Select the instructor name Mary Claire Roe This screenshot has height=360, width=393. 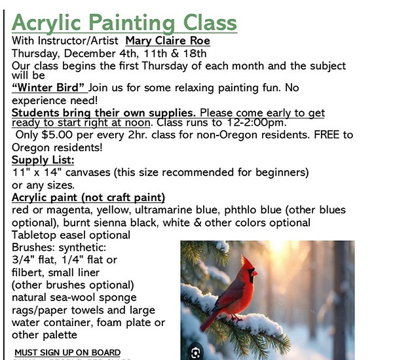click(168, 41)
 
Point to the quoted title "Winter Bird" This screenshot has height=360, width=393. click(49, 88)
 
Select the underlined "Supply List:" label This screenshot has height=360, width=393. click(43, 160)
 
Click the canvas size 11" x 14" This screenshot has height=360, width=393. click(37, 172)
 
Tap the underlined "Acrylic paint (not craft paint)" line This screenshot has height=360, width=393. click(88, 197)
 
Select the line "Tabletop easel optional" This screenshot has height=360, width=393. click(71, 234)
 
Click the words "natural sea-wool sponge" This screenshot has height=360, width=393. click(71, 297)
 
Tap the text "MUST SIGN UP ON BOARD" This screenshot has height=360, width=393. click(67, 353)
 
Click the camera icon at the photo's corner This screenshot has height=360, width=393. click(195, 353)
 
